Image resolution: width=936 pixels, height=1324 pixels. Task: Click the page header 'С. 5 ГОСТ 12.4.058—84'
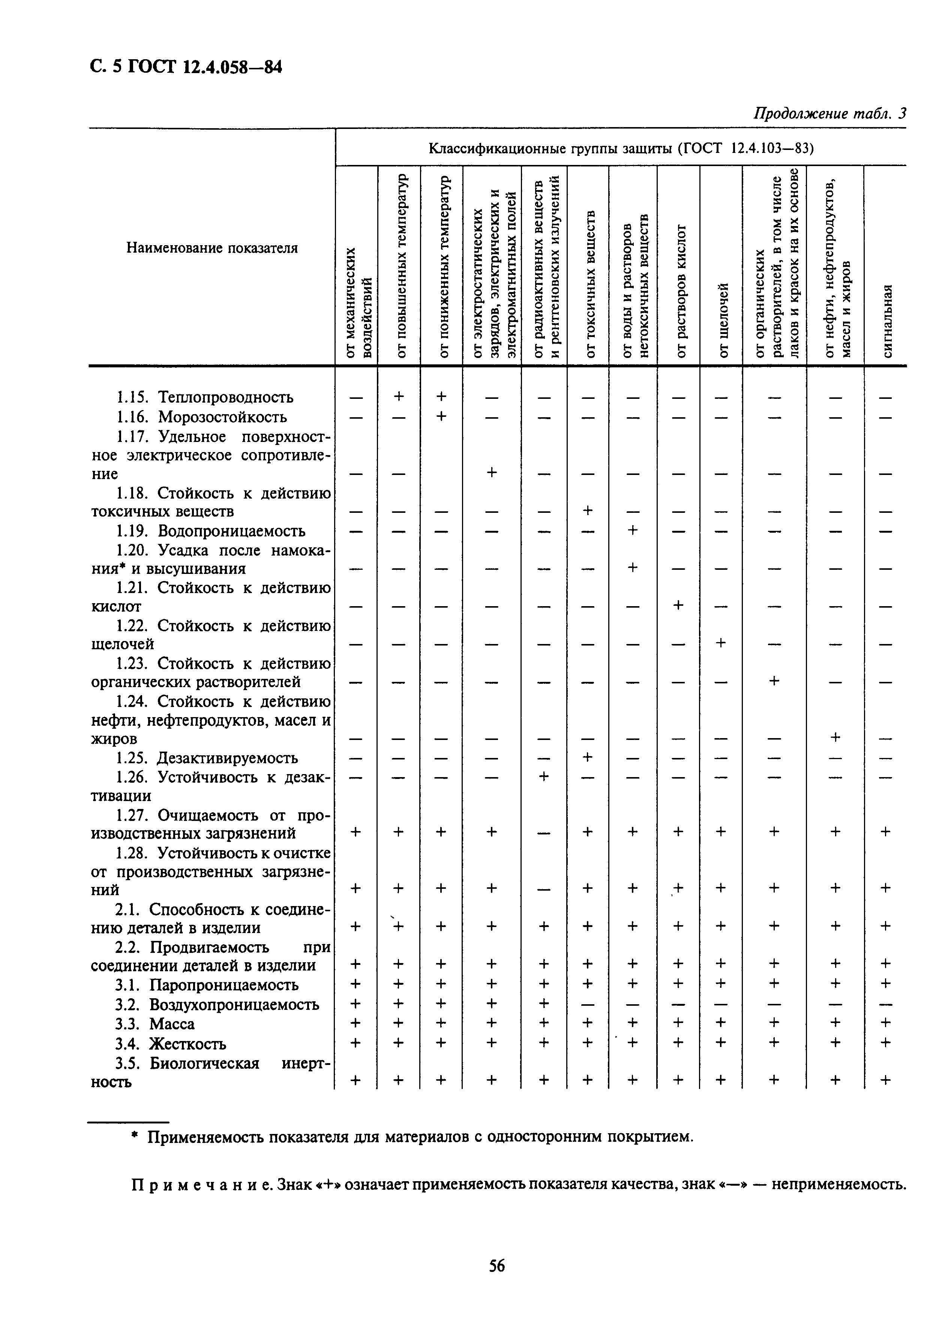point(186,67)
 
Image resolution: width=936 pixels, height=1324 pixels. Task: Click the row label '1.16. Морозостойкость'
point(201,416)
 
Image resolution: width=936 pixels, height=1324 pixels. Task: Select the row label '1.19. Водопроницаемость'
point(210,530)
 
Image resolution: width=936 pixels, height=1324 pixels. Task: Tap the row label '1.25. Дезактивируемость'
point(207,758)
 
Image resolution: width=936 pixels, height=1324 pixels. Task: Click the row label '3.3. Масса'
point(154,1024)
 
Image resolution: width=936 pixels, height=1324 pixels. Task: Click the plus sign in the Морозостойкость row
point(441,416)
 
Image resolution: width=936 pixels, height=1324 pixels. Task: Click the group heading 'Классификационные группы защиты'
point(551,149)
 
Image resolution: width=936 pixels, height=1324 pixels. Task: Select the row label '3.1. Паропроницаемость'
point(207,985)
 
